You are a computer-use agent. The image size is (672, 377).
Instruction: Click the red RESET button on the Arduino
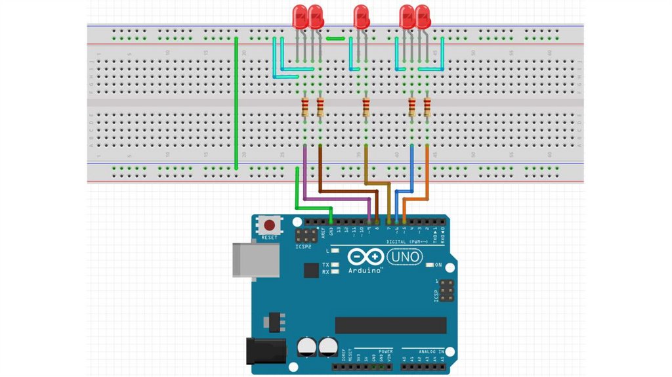point(269,225)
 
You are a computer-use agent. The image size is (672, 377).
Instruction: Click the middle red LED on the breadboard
point(361,16)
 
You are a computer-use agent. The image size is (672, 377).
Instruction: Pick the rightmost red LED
point(423,16)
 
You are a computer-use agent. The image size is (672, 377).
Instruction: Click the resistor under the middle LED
point(366,107)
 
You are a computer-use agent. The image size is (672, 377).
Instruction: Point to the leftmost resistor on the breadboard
point(305,107)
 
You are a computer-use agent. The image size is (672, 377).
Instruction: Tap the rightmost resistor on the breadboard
point(427,107)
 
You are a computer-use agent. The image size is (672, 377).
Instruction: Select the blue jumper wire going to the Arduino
point(411,167)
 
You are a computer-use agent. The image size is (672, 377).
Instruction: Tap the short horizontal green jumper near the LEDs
point(335,38)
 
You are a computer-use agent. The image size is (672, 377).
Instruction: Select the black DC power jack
point(265,351)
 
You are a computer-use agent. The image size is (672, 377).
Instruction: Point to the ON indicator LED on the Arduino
point(430,265)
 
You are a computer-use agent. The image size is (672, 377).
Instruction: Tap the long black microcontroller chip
point(390,325)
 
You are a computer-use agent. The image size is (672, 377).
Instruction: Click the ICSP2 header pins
point(306,235)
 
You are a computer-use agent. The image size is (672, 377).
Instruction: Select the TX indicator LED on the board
point(335,264)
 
